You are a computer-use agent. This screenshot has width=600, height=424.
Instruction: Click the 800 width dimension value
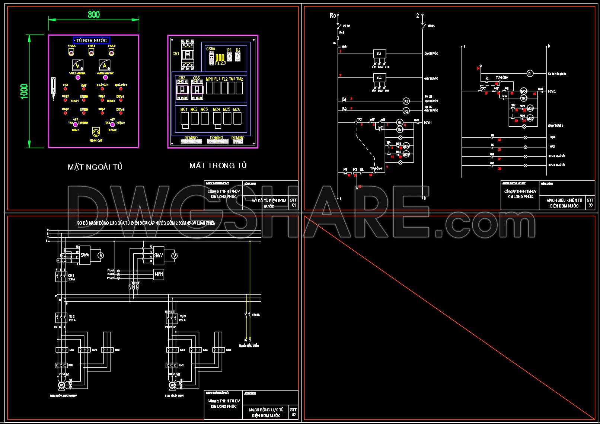[94, 15]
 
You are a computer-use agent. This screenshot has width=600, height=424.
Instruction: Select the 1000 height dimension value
[24, 91]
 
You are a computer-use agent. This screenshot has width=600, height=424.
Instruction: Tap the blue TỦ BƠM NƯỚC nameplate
[92, 40]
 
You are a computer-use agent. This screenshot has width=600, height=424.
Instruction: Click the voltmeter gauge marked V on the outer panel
[77, 66]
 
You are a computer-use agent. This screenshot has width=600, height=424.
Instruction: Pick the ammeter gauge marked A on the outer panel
[105, 66]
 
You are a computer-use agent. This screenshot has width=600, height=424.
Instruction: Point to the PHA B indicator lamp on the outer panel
[92, 52]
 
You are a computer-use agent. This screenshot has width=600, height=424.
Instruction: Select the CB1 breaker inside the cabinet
[188, 55]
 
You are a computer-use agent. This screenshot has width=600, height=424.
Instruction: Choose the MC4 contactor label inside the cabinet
[216, 109]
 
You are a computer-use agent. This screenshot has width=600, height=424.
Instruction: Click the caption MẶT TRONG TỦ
[218, 166]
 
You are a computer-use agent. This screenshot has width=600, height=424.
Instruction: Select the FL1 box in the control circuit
[379, 54]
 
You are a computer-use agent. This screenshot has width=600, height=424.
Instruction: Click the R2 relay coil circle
[406, 110]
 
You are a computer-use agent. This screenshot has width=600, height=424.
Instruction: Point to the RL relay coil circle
[530, 74]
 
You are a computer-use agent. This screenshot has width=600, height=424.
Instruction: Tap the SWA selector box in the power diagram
[84, 256]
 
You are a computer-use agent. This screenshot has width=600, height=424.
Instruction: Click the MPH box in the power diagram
[159, 274]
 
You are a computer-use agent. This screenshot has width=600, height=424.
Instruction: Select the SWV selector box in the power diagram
[159, 256]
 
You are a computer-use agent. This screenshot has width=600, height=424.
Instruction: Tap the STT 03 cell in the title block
[590, 202]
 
